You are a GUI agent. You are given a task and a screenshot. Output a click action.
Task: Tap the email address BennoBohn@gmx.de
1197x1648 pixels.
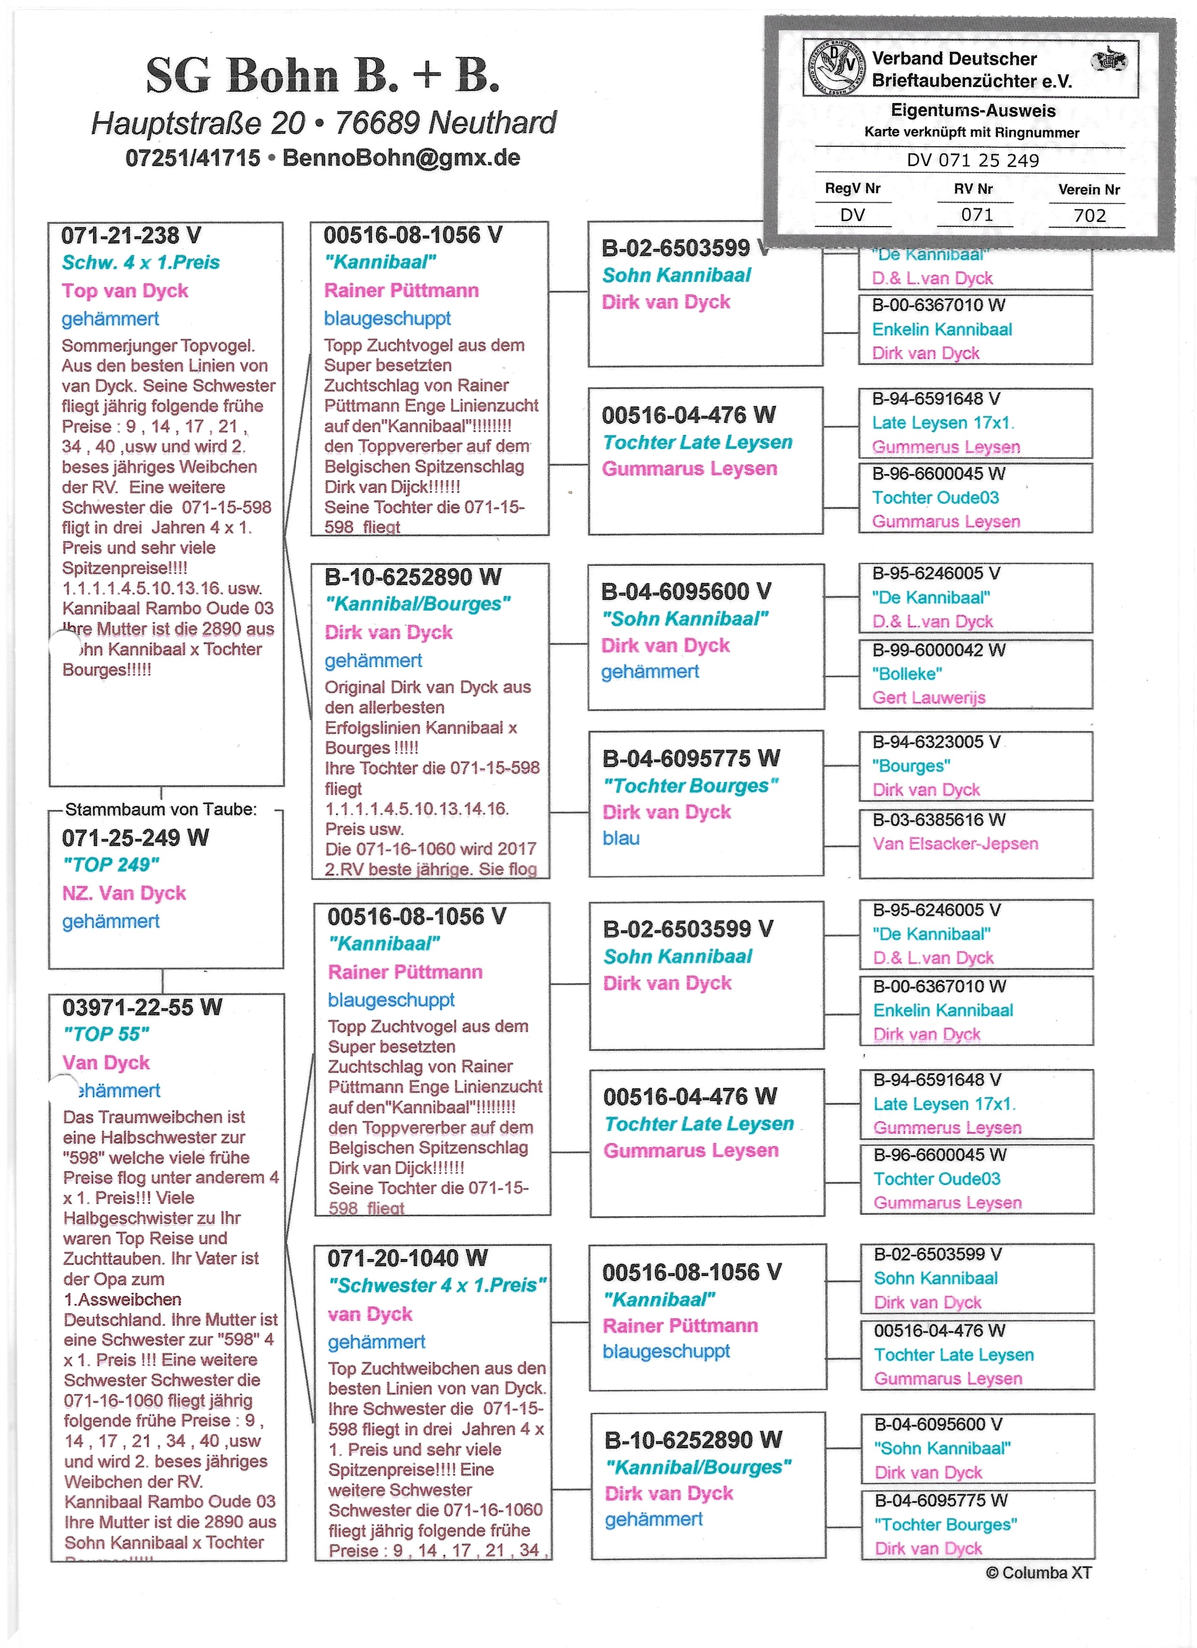tap(401, 158)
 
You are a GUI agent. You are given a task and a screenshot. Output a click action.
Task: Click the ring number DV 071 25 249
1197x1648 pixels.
tap(973, 160)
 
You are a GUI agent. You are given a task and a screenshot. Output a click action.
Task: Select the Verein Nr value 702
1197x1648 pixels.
tap(1089, 215)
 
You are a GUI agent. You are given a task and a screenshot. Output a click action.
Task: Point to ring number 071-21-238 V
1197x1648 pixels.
tap(131, 236)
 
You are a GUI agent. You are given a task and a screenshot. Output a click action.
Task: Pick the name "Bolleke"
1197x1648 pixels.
tap(907, 673)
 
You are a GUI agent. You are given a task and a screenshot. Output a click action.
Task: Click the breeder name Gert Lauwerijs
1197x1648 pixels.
tap(929, 697)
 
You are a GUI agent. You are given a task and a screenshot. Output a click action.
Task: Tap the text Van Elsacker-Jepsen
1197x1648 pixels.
tap(955, 844)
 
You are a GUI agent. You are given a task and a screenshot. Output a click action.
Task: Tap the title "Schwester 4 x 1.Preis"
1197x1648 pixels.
tap(437, 1285)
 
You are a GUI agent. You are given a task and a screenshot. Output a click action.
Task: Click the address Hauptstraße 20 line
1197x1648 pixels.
tap(323, 123)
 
